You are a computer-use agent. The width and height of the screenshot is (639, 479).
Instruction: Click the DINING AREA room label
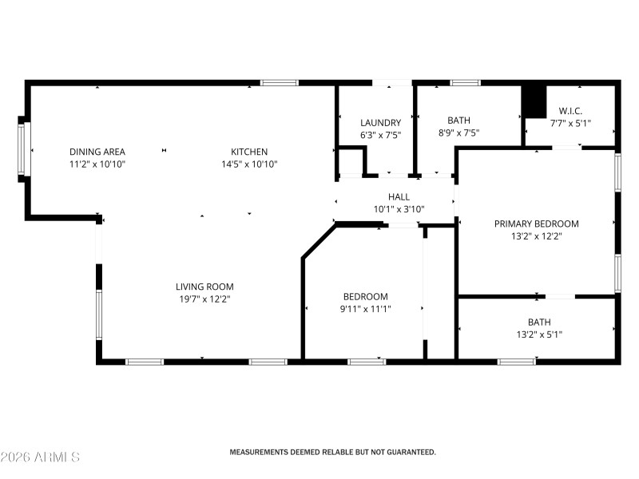(97, 152)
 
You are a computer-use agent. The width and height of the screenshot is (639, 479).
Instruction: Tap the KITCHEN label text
(249, 152)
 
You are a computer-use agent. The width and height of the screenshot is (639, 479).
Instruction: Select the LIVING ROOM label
(204, 287)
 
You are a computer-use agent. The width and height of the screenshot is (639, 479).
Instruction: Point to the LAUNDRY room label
(380, 122)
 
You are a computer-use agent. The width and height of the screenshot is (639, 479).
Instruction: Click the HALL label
(399, 196)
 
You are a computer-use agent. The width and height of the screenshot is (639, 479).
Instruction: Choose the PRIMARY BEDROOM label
(536, 224)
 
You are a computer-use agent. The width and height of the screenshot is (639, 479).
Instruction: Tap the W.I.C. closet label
(570, 111)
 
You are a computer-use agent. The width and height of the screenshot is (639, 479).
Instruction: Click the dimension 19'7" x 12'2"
(204, 299)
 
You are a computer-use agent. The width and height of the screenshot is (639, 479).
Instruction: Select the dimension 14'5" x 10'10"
(249, 164)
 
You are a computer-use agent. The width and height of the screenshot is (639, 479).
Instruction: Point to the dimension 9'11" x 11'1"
(365, 309)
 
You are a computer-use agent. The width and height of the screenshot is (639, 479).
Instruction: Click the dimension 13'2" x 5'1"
(538, 335)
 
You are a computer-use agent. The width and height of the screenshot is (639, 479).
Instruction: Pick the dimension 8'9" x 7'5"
(458, 133)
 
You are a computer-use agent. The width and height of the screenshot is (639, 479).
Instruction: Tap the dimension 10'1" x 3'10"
(399, 209)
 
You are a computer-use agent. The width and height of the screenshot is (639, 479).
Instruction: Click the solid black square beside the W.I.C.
(532, 100)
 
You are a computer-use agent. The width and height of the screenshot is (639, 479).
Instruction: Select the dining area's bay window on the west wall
(23, 148)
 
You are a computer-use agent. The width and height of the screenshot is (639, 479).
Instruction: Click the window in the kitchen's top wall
(280, 82)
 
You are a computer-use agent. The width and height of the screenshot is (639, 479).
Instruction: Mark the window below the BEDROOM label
(367, 362)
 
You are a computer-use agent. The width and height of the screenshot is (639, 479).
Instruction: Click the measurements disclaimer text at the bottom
(333, 452)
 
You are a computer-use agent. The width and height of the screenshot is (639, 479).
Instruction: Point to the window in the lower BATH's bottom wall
(516, 362)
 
